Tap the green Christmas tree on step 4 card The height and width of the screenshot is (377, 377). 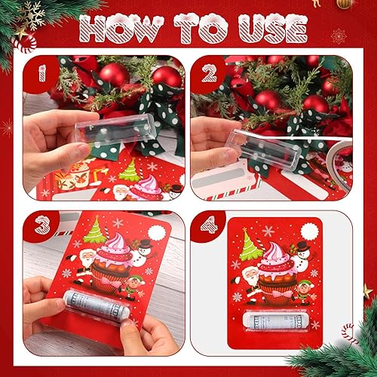[x=250, y=246]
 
